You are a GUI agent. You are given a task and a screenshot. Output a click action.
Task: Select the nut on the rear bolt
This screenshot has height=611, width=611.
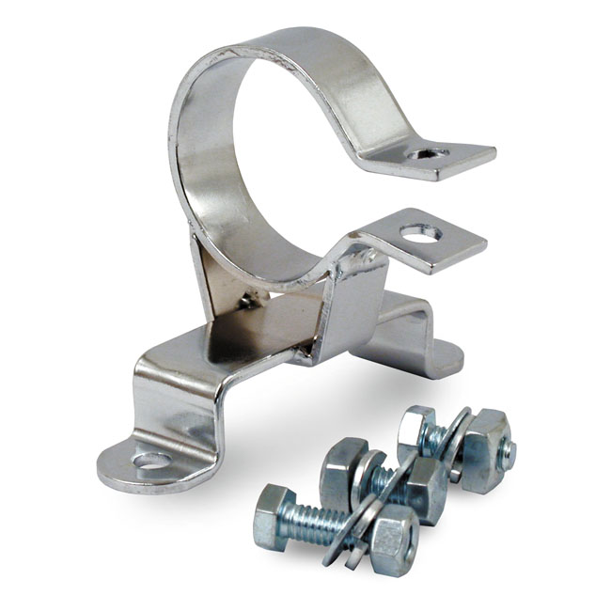[x=484, y=447]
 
